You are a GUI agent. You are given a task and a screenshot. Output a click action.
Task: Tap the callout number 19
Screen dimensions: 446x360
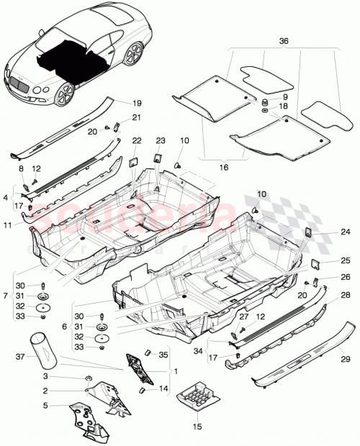137,102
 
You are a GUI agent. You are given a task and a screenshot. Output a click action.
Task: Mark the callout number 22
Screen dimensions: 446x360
136,140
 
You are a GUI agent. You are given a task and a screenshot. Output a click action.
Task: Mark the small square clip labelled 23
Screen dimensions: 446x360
158,156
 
